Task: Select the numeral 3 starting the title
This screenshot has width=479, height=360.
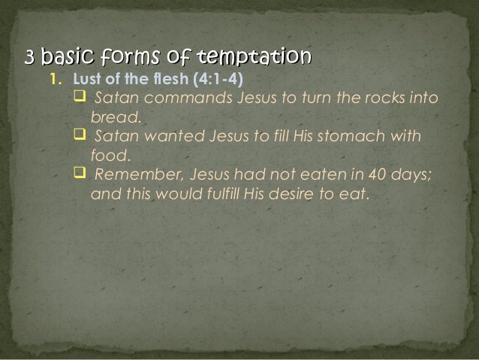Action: [30, 57]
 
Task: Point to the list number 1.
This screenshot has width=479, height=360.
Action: [53, 80]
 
